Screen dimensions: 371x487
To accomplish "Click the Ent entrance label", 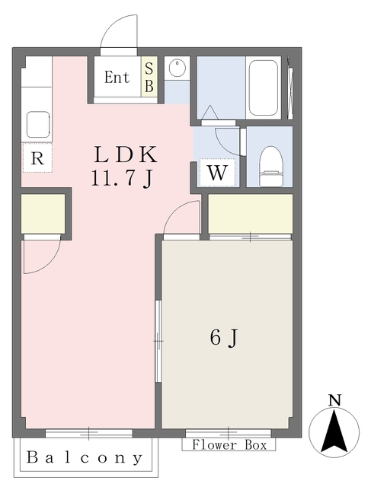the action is point(117,78).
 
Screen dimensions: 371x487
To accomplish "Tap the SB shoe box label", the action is point(149,78).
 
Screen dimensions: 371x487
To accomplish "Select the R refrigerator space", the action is point(37,158).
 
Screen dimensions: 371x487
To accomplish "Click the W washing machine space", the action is point(217,173).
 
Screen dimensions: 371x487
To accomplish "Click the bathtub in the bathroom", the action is point(264,88).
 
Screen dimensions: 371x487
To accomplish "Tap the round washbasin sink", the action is point(177,67).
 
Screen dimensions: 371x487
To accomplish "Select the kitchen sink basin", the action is point(38,125).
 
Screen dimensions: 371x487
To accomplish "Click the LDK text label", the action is point(126,154).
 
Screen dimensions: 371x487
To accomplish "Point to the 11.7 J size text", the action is point(122,180).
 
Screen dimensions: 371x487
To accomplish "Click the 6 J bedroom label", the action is point(224,338).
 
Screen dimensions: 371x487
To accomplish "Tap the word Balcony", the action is point(85,458).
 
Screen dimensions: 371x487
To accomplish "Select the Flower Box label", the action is point(229,444).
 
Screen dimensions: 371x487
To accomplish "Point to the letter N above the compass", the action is point(334,400).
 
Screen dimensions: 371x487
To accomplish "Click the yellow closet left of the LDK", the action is point(43,214).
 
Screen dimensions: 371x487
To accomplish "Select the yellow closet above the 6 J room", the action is point(251,214).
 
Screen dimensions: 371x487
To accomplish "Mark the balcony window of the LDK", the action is point(89,433).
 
